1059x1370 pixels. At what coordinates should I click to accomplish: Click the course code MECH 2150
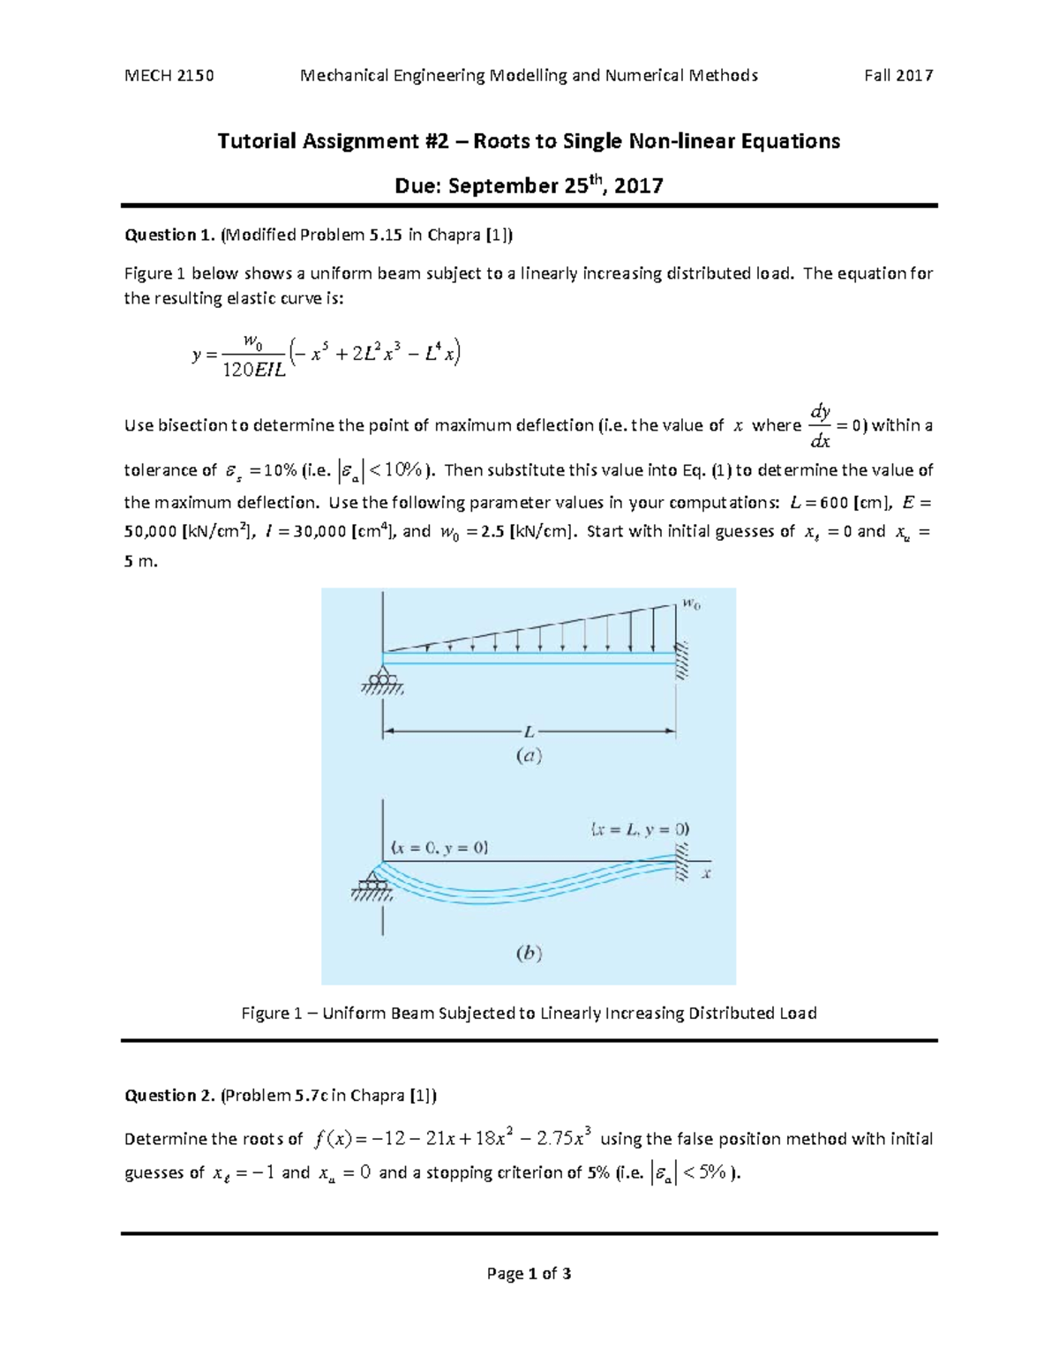point(169,76)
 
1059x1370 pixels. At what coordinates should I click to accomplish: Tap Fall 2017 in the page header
point(898,76)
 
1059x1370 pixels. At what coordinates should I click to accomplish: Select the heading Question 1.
point(169,235)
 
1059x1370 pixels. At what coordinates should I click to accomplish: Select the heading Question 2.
point(169,1096)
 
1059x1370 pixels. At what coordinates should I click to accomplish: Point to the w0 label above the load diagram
point(690,605)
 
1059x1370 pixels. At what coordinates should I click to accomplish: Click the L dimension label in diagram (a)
point(529,731)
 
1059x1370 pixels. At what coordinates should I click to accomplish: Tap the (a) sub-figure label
point(528,756)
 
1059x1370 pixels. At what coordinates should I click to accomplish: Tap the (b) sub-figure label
point(528,954)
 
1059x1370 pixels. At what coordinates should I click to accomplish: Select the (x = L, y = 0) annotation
point(640,829)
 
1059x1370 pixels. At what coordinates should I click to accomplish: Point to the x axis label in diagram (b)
point(706,874)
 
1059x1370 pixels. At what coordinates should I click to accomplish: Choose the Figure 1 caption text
point(529,1013)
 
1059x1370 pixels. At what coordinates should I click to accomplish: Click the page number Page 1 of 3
point(529,1273)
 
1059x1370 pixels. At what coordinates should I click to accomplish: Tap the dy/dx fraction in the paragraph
point(820,426)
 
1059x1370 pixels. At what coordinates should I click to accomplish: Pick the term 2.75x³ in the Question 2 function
point(564,1139)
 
